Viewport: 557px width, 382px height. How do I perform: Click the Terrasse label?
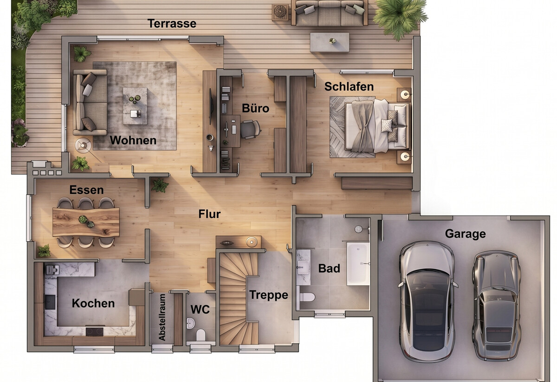tap(172, 23)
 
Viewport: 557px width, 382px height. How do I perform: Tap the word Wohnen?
tap(133, 140)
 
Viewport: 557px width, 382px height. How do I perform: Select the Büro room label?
tap(255, 108)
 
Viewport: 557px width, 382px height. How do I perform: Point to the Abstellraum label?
tap(162, 317)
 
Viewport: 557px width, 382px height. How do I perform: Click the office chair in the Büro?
tap(250, 129)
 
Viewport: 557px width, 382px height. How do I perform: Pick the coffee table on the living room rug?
tap(135, 106)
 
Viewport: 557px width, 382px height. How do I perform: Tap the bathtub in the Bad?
tap(358, 263)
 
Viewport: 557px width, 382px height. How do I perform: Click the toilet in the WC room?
tap(201, 335)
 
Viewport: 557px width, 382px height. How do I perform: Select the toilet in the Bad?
tap(307, 297)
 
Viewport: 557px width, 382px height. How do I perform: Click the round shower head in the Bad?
tap(358, 229)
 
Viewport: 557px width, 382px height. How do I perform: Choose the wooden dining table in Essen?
tap(86, 223)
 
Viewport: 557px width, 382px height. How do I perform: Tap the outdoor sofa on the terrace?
tap(330, 13)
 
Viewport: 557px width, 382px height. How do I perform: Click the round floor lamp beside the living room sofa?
tap(83, 145)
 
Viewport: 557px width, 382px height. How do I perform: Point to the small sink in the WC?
tap(190, 323)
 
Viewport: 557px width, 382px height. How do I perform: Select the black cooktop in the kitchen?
tap(95, 331)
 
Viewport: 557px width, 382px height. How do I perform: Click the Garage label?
tap(465, 234)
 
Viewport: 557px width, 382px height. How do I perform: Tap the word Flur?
tap(209, 214)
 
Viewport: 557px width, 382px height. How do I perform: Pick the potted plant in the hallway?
tap(160, 185)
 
